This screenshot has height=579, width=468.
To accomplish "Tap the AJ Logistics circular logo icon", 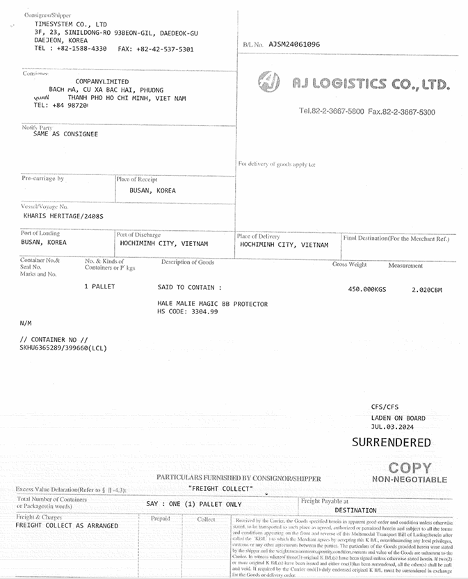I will [269, 83].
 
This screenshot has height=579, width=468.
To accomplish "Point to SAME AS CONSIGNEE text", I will [65, 133].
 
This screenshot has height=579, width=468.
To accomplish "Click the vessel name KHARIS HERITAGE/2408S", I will [63, 216].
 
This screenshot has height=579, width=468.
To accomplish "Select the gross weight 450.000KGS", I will [366, 289].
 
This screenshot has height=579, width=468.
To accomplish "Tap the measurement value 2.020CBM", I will [426, 289].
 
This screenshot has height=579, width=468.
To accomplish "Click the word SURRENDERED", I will [391, 442].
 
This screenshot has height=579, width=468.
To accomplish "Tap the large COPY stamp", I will [410, 468].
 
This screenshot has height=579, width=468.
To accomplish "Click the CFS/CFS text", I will [385, 407].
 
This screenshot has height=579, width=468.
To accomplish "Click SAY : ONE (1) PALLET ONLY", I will [194, 504].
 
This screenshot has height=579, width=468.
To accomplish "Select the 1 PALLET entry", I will [99, 286].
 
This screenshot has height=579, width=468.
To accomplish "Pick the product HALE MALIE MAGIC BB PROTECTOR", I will [212, 304].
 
